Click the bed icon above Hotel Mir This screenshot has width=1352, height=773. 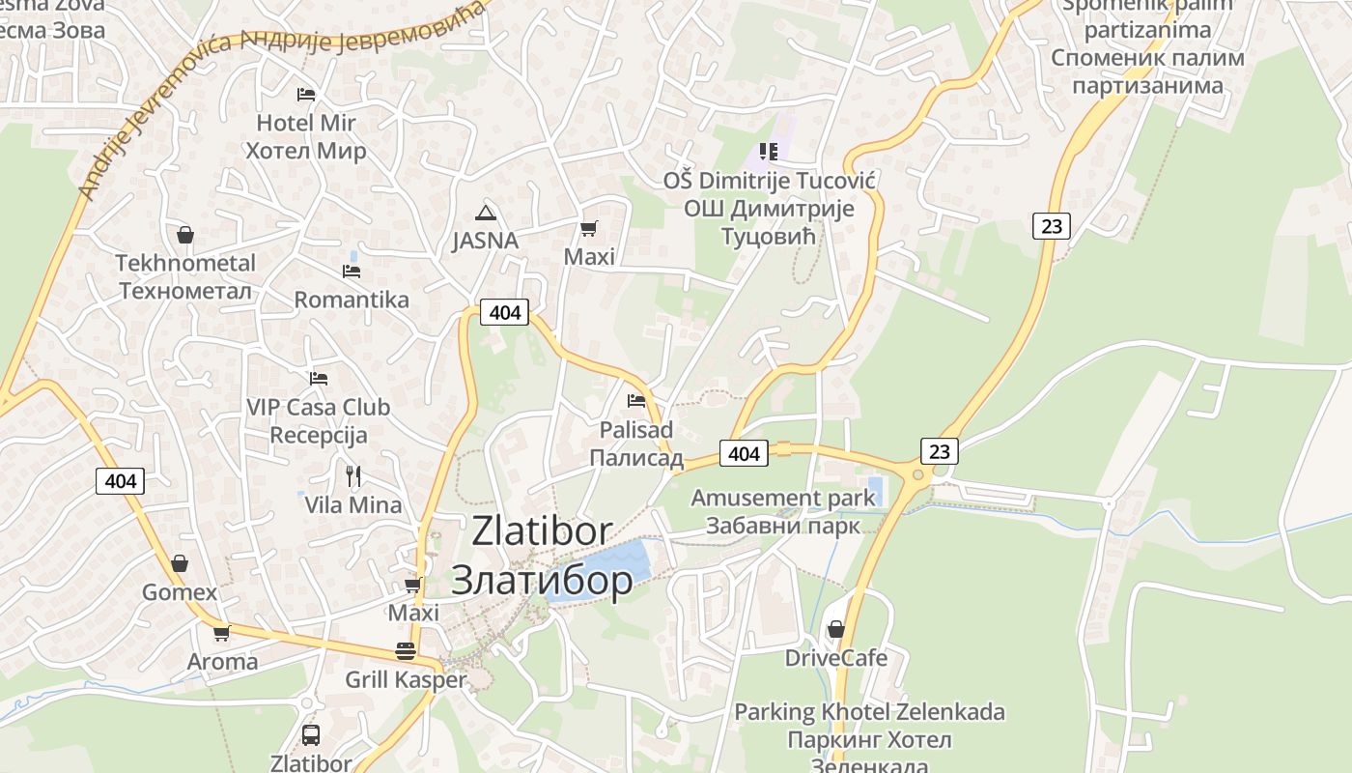[x=306, y=95]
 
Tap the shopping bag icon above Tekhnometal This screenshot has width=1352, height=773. [x=184, y=235]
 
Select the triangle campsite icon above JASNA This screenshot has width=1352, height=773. [x=485, y=213]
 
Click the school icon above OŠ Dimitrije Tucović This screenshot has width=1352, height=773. [x=768, y=151]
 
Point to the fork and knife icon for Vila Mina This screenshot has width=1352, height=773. [x=353, y=475]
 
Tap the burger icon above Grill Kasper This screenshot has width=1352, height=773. [x=405, y=651]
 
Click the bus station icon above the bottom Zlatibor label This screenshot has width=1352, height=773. [x=310, y=734]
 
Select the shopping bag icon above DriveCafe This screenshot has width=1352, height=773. [x=836, y=629]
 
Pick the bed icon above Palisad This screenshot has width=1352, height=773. [x=635, y=400]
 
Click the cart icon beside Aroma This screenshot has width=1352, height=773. [x=222, y=634]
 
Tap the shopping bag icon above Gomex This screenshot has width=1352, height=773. [x=180, y=563]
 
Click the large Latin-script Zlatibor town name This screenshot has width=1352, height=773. [x=542, y=531]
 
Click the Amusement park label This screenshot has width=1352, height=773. [x=783, y=499]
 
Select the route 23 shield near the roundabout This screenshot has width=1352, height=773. [x=940, y=450]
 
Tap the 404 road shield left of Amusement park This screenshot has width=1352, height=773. [x=744, y=452]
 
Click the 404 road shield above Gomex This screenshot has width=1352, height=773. [x=121, y=480]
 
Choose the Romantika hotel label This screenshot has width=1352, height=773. [x=352, y=300]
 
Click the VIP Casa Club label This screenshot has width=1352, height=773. [x=318, y=408]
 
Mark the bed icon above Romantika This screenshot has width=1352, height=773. [x=352, y=272]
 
